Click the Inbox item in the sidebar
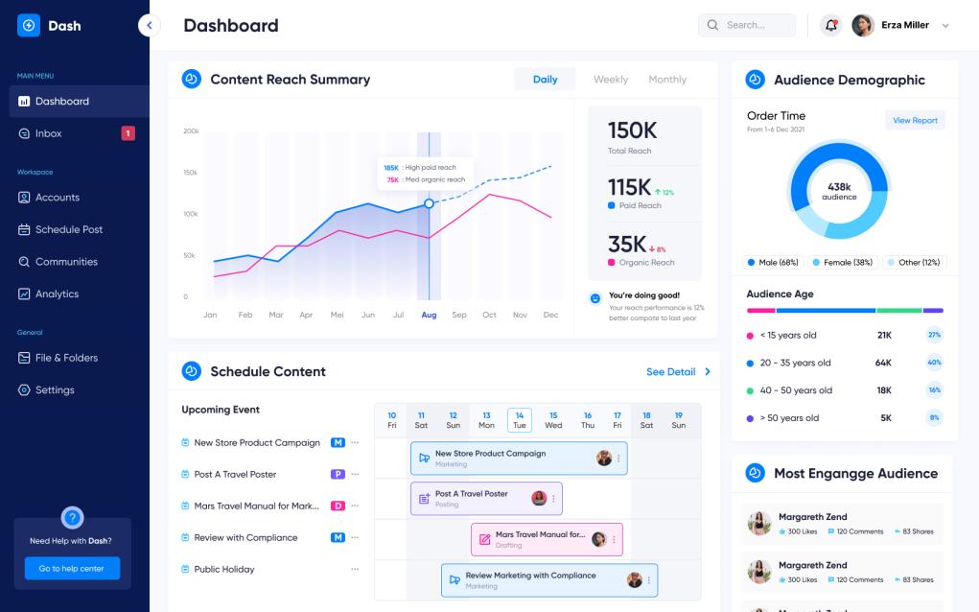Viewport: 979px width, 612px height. [x=48, y=133]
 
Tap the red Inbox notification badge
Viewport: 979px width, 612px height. [x=128, y=133]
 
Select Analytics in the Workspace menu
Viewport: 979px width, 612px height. [x=57, y=294]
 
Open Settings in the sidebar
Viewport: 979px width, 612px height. [x=55, y=390]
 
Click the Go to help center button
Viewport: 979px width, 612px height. [x=72, y=569]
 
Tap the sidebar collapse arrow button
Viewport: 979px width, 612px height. [x=149, y=26]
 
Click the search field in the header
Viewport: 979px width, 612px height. [x=747, y=25]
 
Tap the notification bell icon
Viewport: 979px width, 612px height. [x=831, y=26]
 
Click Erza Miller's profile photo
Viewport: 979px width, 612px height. [x=863, y=26]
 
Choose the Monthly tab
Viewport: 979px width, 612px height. [x=667, y=80]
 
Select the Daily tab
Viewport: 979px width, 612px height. [x=545, y=80]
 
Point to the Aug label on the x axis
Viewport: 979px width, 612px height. [x=429, y=315]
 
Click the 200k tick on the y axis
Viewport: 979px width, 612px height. [x=191, y=130]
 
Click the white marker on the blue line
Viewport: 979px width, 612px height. [x=429, y=203]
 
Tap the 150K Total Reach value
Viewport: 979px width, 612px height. [x=632, y=131]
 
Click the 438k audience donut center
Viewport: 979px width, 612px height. [x=839, y=191]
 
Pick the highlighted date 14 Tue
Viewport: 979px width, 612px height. [x=519, y=420]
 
